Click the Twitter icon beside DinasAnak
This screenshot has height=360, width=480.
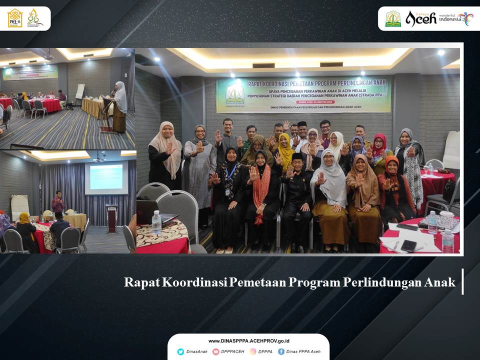180,351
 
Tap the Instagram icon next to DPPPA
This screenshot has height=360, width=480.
252,351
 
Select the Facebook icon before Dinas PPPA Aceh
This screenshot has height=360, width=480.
281,351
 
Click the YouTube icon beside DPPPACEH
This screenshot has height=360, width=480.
216,351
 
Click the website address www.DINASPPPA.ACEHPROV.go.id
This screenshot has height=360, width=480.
248,341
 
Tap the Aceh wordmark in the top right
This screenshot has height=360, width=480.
420,18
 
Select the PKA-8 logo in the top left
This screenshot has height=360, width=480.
15,18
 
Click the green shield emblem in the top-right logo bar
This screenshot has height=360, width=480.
393,19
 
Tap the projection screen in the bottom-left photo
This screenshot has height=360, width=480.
106,177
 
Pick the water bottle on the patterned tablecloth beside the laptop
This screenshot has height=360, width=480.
156,223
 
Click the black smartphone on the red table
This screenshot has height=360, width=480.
408,245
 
